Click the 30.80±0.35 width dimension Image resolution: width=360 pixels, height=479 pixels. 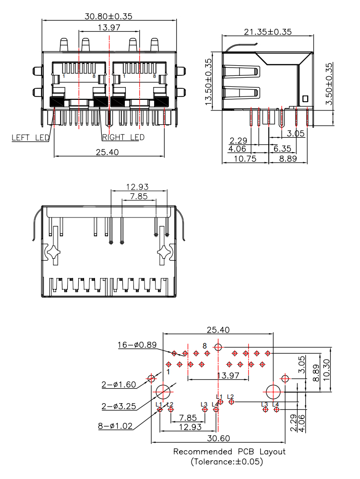point(108,16)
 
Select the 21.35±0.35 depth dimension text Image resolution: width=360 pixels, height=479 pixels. point(268,32)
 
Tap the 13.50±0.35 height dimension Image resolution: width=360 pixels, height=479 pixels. point(208,82)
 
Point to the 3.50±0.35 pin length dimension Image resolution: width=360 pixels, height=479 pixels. point(329,84)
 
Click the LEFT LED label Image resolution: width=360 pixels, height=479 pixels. point(31,138)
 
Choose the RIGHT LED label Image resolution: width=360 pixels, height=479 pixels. point(123,138)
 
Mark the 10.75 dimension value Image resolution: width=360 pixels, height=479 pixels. point(244,158)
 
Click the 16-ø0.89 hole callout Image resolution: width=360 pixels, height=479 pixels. point(137,345)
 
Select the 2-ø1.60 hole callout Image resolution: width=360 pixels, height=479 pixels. point(119,384)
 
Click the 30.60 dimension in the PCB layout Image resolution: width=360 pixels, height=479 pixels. point(218,438)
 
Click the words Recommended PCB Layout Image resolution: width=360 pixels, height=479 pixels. point(229,452)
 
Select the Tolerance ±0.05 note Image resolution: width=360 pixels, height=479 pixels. point(229,462)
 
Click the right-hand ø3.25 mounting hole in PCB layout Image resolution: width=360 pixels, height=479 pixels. point(274,392)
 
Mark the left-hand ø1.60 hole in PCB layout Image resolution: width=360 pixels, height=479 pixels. point(152,379)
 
